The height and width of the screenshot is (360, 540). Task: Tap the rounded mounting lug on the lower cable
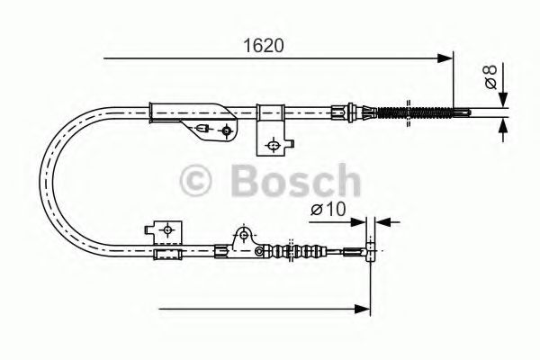pos(241,238)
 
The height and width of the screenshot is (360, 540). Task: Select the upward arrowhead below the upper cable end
pos(502,125)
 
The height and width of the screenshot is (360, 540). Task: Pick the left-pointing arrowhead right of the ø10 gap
pos(380,220)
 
